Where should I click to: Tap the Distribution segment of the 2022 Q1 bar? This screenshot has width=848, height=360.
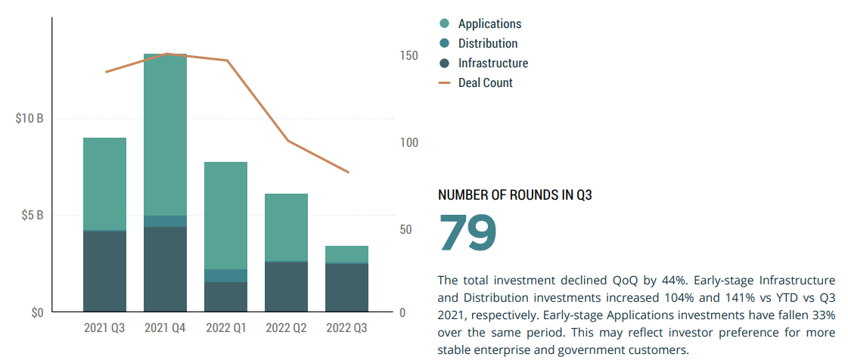(x=225, y=275)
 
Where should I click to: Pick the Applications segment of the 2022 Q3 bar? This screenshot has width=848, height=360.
(x=346, y=254)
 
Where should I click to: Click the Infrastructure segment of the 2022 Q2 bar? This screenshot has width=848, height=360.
(x=286, y=287)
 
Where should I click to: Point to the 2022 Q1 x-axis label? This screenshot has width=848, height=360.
(x=225, y=328)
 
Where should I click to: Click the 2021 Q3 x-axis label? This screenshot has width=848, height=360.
(x=104, y=328)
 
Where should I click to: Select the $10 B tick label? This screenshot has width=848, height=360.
(x=30, y=119)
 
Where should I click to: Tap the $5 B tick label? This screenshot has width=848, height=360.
(x=33, y=216)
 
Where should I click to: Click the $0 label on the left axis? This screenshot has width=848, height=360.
(x=37, y=312)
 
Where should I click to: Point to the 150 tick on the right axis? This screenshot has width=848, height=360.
(x=408, y=56)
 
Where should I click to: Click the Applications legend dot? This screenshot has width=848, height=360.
(x=445, y=24)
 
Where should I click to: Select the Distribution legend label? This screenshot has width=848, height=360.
(x=488, y=44)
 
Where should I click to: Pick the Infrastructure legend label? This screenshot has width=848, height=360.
(x=493, y=64)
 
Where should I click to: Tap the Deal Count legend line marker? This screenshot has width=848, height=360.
(x=445, y=83)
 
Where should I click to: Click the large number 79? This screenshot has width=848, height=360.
(x=467, y=233)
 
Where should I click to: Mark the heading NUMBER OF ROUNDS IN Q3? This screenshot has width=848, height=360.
(x=514, y=195)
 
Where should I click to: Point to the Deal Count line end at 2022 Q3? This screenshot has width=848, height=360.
(x=349, y=172)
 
